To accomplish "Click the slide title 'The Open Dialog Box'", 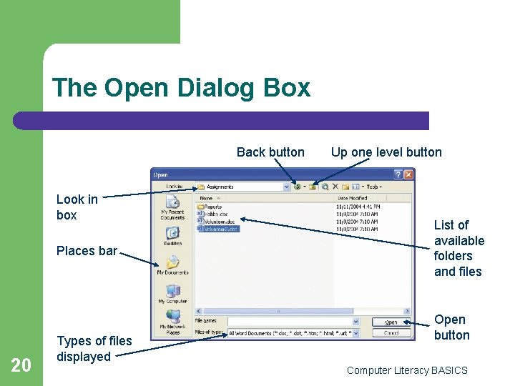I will (181, 88).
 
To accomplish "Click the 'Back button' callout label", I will (270, 152).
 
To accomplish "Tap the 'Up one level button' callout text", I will (386, 152).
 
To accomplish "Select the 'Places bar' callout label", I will (86, 251).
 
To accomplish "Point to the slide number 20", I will (21, 365).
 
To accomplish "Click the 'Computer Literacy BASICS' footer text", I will (407, 370).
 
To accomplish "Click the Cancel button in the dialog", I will (391, 333).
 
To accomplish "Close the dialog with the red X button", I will (408, 174).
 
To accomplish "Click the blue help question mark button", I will (398, 174).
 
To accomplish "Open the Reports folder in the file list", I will (213, 207).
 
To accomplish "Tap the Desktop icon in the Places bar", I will (172, 236).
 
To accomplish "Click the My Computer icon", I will (172, 294).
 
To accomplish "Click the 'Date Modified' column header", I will (352, 198).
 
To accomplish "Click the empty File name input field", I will (290, 322).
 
